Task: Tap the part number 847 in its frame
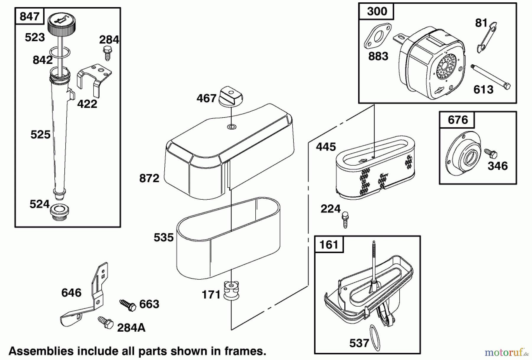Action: pyautogui.click(x=29, y=16)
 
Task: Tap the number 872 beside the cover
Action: pyautogui.click(x=149, y=178)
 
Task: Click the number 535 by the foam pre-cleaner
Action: pyautogui.click(x=163, y=237)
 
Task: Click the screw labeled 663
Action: pyautogui.click(x=128, y=304)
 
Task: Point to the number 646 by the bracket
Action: pyautogui.click(x=71, y=293)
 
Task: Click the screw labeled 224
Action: pyautogui.click(x=345, y=219)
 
